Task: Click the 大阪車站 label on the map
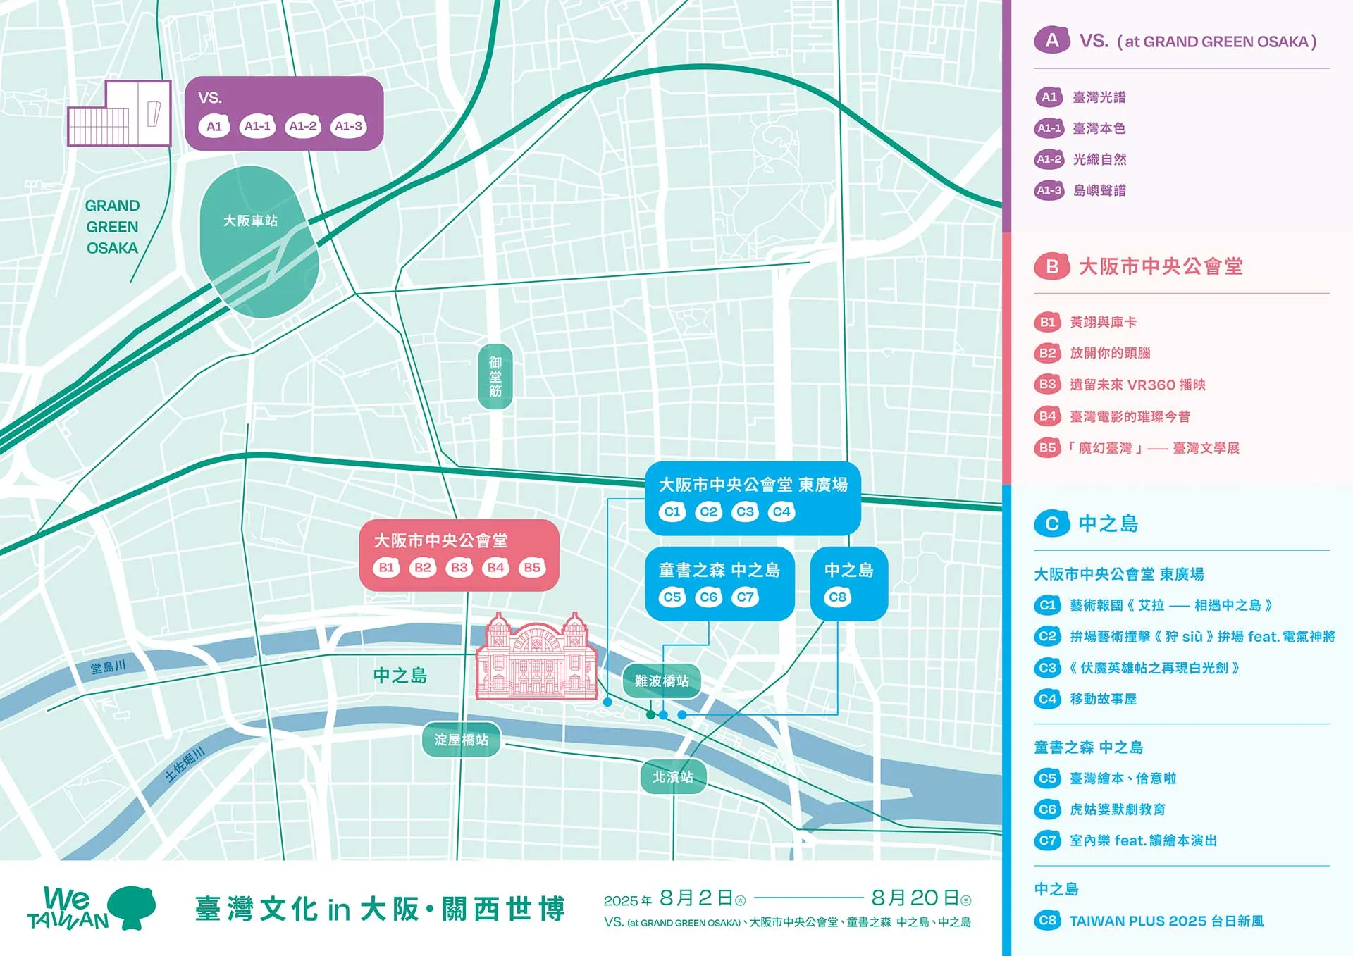pos(250,221)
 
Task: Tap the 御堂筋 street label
pos(495,376)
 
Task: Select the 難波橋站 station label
pos(661,681)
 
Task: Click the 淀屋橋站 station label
pos(461,740)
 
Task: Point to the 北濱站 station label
pos(673,776)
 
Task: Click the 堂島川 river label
pos(109,666)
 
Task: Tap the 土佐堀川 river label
pos(185,764)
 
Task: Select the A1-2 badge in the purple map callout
pos(303,126)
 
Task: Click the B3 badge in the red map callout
pos(459,567)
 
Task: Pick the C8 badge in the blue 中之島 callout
pos(837,597)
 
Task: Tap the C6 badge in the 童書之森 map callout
pos(708,597)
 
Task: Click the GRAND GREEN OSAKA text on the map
pos(112,227)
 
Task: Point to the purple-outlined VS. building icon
pos(120,114)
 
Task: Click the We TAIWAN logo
pos(92,908)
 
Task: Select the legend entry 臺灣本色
pos(1099,128)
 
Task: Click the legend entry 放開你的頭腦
pos(1110,353)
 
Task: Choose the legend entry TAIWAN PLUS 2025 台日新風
pos(1166,921)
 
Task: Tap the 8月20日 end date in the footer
pos(915,898)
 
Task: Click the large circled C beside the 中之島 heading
pos(1052,523)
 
